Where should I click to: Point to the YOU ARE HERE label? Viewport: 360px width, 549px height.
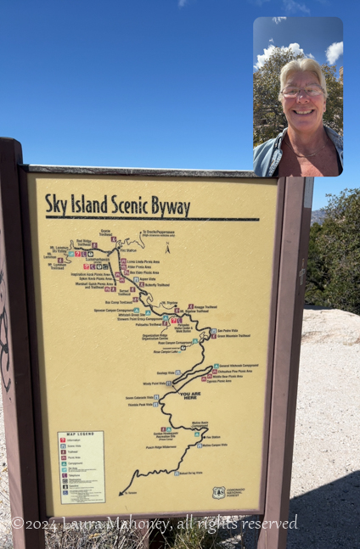190,395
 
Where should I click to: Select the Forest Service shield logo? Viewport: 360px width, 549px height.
219,492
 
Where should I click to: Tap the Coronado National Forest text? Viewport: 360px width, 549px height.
237,492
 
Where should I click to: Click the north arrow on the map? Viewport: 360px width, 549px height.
167,248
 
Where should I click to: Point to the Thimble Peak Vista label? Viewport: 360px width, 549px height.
139,404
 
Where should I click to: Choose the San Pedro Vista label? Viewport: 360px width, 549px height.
228,330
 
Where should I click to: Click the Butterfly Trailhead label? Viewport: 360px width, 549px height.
156,285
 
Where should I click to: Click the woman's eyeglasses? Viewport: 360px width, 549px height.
303,91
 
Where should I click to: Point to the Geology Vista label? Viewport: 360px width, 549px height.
165,373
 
